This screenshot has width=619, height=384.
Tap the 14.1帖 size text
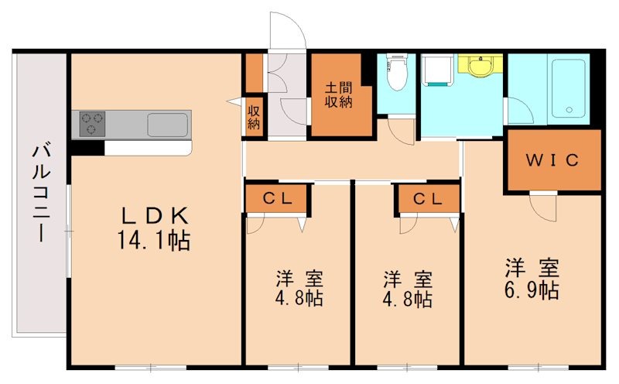pyautogui.click(x=153, y=241)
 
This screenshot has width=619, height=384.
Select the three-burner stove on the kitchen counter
pyautogui.click(x=90, y=124)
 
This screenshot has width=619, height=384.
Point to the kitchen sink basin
pyautogui.click(x=167, y=124)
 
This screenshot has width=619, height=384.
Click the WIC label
pyautogui.click(x=553, y=160)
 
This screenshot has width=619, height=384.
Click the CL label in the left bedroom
pyautogui.click(x=277, y=199)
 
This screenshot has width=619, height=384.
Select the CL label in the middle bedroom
pyautogui.click(x=427, y=199)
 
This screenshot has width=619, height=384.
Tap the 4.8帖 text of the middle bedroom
pyautogui.click(x=407, y=299)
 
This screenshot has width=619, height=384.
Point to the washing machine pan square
pyautogui.click(x=439, y=74)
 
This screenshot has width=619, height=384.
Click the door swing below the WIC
pyautogui.click(x=542, y=205)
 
